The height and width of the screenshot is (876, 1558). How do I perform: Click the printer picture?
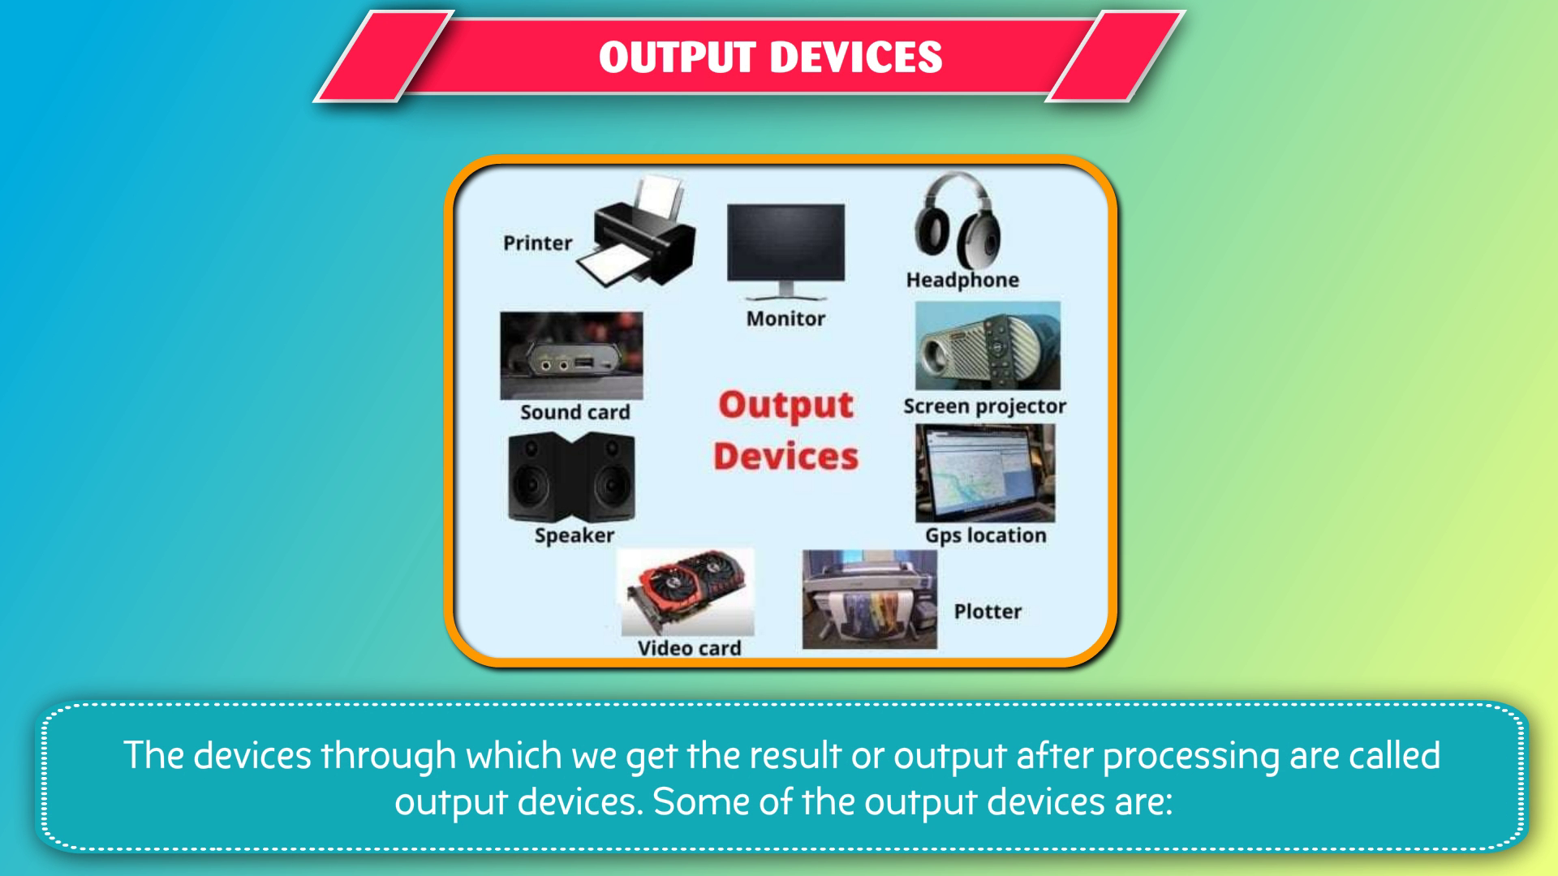click(637, 233)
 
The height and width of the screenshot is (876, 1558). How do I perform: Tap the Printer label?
click(537, 243)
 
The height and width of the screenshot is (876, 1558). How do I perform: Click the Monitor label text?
click(785, 319)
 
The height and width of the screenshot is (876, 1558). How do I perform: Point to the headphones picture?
click(958, 220)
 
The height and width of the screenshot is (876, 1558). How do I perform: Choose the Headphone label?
click(962, 280)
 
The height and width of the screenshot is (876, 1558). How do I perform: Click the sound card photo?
click(571, 355)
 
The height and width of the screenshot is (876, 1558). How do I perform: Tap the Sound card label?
click(575, 412)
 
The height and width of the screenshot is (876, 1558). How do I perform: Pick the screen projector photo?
click(988, 346)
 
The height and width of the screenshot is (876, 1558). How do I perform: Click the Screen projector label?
click(985, 406)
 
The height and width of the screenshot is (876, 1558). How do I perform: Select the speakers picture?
click(571, 477)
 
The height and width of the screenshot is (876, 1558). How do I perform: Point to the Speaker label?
click(575, 535)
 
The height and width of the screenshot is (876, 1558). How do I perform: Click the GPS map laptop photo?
click(985, 473)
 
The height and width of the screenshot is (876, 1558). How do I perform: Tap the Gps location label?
click(986, 535)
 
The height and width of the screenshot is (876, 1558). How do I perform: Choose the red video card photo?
click(686, 592)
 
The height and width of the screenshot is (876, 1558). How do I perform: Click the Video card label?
click(689, 648)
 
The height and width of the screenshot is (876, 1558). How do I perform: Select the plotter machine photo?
click(869, 599)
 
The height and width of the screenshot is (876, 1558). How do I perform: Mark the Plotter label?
click(988, 612)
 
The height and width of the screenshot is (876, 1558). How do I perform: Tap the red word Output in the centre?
click(785, 405)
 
